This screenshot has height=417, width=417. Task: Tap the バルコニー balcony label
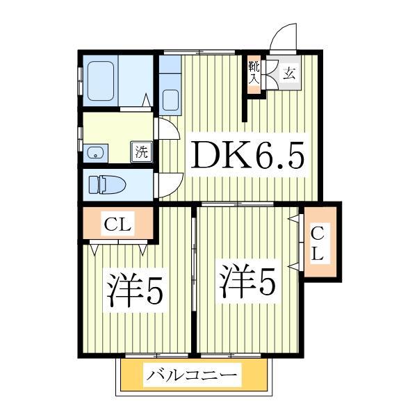tap(192, 377)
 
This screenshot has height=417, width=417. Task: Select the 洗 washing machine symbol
tap(142, 152)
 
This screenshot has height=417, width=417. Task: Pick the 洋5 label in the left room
tap(135, 290)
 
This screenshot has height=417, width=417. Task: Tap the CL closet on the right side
tap(318, 243)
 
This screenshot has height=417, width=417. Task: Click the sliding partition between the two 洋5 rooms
tap(195, 278)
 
